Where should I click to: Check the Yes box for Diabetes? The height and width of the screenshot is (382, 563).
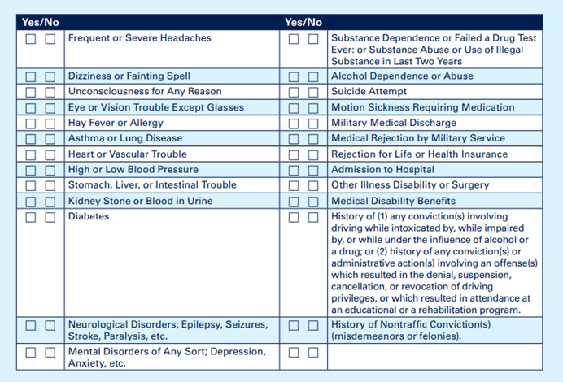click(x=30, y=217)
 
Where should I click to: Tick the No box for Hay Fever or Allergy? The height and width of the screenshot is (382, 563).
click(x=50, y=124)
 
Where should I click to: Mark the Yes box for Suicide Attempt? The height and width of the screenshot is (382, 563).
click(x=293, y=92)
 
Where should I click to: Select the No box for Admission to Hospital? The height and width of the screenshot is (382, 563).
click(x=312, y=170)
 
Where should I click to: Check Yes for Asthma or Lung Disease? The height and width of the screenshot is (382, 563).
click(x=30, y=139)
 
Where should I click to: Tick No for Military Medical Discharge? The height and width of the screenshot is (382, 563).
click(x=312, y=124)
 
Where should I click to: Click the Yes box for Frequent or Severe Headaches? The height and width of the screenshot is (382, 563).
click(x=30, y=39)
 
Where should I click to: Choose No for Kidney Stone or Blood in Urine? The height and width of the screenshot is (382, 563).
click(x=50, y=202)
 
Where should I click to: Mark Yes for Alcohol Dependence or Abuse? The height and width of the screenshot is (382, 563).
click(x=293, y=76)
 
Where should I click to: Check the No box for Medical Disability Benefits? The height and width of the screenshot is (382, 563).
click(x=312, y=202)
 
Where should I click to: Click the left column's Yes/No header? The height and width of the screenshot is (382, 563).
click(x=40, y=22)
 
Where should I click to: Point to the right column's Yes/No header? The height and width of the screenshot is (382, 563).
click(x=303, y=22)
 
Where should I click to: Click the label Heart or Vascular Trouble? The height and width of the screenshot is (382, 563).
click(x=127, y=154)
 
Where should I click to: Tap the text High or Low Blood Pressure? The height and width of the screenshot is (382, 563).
click(x=133, y=170)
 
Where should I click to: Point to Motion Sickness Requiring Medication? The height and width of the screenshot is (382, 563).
click(x=422, y=107)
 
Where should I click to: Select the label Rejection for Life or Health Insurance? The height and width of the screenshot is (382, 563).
click(x=419, y=154)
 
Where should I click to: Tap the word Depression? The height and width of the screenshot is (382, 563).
click(x=235, y=352)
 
